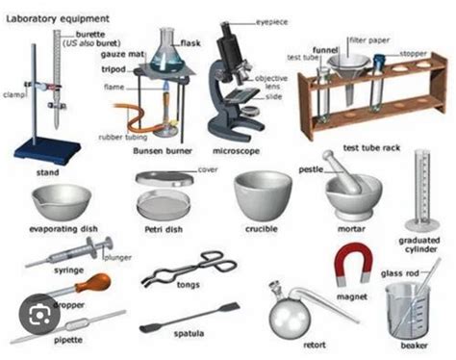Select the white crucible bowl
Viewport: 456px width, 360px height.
262,192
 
